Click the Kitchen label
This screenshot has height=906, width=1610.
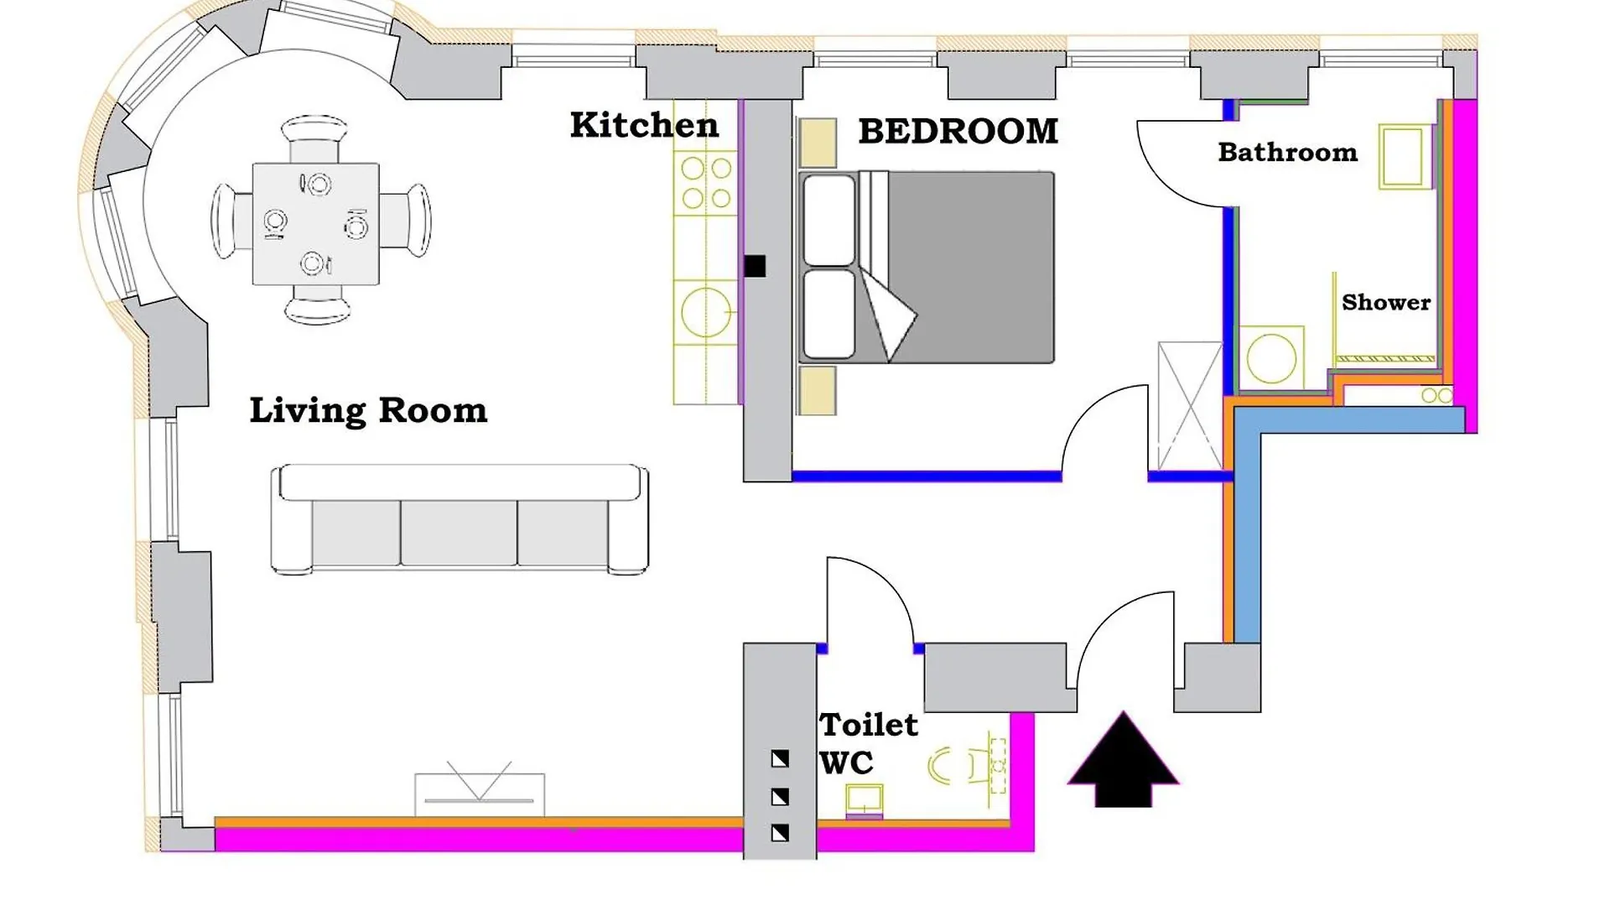pos(644,125)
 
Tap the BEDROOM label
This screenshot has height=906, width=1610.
pos(958,131)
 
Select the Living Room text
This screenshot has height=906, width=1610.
pos(368,411)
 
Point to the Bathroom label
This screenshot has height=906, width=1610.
pos(1287,152)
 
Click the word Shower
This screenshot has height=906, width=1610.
pos(1386,302)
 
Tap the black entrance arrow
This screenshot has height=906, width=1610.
pos(1123,760)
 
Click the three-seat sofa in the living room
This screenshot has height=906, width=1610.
pos(460,519)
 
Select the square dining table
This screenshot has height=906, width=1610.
pos(316,224)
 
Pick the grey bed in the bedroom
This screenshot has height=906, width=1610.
pos(927,268)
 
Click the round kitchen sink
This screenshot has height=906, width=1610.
pos(705,313)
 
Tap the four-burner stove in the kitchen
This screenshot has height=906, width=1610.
pos(706,182)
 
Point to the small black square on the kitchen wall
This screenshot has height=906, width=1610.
pos(755,266)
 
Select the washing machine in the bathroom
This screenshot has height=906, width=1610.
pos(1271,357)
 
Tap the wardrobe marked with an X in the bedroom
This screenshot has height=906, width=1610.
pos(1190,406)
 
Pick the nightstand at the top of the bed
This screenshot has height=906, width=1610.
pos(818,142)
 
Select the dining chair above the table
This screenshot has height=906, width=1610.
pos(314,138)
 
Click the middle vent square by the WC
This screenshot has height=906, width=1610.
pos(780,796)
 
